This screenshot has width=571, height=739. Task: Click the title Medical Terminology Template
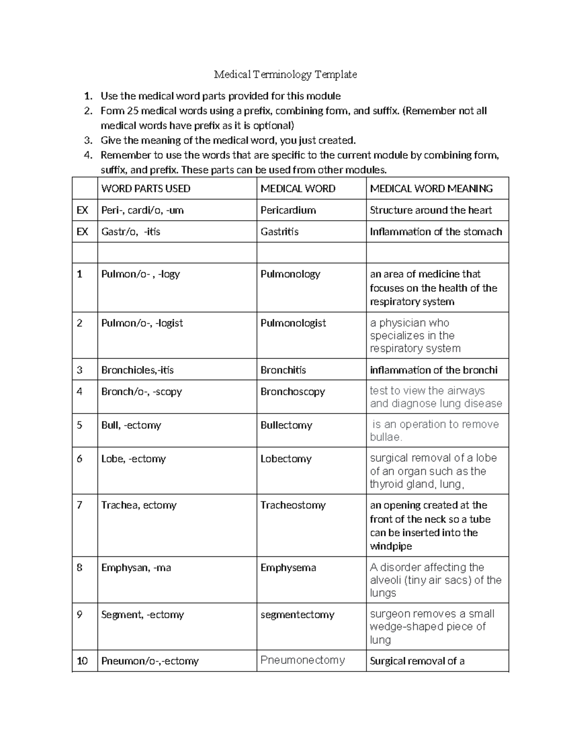[x=285, y=74]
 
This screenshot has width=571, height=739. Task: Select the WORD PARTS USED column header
[x=146, y=188]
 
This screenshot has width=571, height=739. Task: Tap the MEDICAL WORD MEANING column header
[x=431, y=188]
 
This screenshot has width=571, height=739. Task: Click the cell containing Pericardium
[x=288, y=210]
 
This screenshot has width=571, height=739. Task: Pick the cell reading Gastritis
[x=279, y=232]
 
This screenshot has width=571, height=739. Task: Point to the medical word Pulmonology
[x=290, y=274]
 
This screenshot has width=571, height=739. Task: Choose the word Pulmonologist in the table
[x=293, y=323]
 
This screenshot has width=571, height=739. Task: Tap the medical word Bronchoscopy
[x=293, y=392]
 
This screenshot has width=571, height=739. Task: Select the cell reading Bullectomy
[x=286, y=425]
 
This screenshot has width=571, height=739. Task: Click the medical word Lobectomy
[x=285, y=459]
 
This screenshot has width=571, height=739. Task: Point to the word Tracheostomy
[x=293, y=505]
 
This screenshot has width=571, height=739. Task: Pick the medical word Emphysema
[x=288, y=568]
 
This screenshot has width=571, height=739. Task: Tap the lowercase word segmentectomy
[x=297, y=614]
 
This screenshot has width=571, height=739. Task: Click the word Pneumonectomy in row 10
[x=303, y=660]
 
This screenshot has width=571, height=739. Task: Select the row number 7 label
[x=79, y=505]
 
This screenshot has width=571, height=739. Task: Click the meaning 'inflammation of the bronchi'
[x=433, y=370]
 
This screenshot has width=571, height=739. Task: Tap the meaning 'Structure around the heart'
[x=431, y=210]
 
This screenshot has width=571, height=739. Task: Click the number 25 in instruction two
[x=132, y=111]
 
